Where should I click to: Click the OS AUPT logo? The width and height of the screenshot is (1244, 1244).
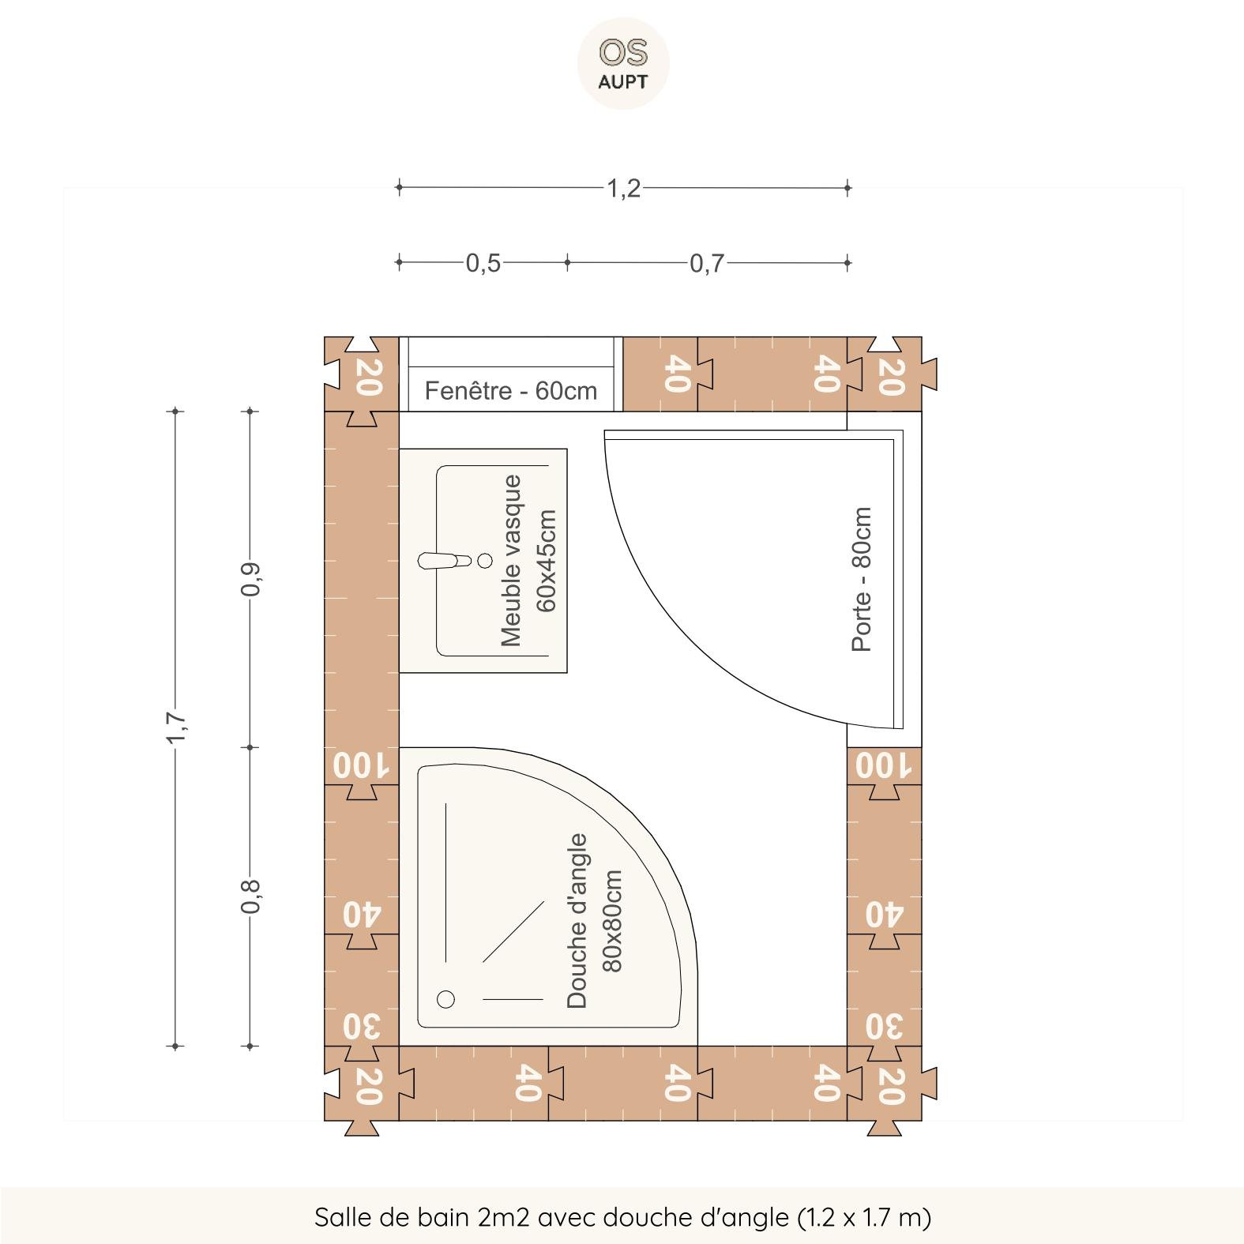pos(623,63)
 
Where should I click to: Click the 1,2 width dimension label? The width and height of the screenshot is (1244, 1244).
pos(623,189)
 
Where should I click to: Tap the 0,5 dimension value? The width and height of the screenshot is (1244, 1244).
pos(483,263)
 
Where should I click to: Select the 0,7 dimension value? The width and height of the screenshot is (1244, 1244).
pos(707,263)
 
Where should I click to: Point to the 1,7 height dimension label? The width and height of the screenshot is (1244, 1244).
pos(175,727)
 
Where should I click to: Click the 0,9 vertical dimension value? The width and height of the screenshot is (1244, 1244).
pos(250,580)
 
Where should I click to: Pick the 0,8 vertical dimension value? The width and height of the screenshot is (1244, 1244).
pos(250,896)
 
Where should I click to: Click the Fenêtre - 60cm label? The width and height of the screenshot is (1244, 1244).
pos(511,391)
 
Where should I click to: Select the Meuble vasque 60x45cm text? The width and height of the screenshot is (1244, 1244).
pos(528,560)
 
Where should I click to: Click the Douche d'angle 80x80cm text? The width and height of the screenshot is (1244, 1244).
pos(594,921)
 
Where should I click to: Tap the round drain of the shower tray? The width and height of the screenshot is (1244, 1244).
pos(446,999)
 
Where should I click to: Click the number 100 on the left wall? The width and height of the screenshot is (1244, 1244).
pos(361,766)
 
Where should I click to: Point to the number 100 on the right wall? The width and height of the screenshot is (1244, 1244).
pos(884,766)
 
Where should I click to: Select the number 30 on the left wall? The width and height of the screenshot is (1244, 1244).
pos(362,1027)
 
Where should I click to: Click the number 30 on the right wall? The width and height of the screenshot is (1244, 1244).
pos(885,1027)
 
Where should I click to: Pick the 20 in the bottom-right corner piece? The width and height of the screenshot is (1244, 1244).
pos(890,1085)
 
